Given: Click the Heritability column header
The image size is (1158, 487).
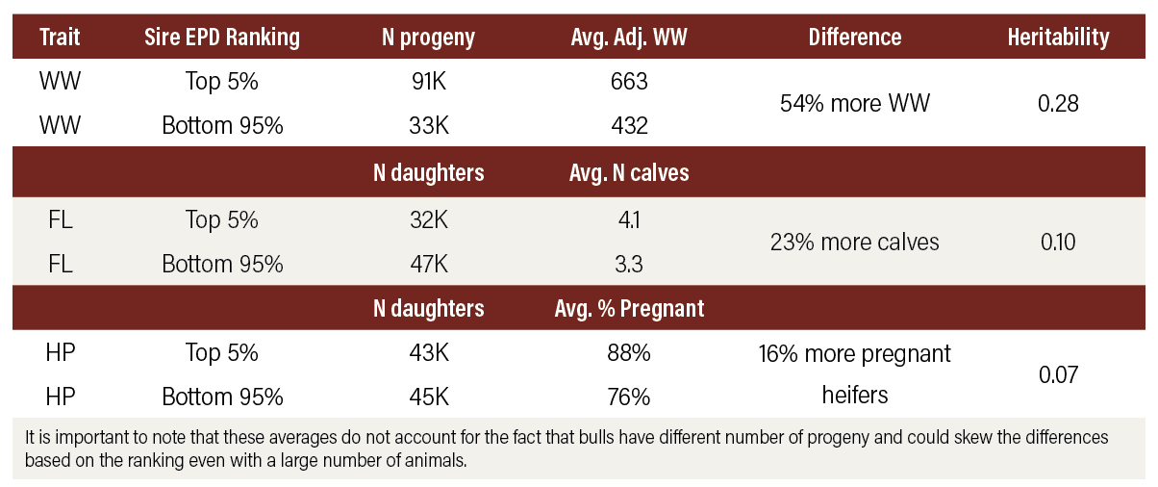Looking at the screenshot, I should pos(1058,38).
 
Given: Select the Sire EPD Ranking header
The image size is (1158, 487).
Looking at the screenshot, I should pos(222,38).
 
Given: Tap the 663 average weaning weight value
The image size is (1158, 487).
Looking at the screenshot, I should pos(629,82).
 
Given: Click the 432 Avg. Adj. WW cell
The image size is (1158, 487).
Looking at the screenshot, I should pos(629,126).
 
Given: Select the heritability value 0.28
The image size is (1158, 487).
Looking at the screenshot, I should pos(1059,103).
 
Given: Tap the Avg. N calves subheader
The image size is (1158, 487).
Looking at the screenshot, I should pos(629,173).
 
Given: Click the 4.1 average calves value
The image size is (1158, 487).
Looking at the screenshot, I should pos(629,219).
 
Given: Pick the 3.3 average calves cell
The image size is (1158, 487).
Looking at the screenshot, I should pos(629,264).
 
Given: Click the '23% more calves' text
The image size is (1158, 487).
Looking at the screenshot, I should pos(854,242).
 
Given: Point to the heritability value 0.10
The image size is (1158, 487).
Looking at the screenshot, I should pos(1059,242).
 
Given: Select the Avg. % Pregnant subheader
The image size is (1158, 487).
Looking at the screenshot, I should pos(629,309).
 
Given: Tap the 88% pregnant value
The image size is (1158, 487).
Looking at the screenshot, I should pos(629,353).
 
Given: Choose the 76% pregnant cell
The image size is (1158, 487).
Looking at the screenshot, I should pos(629,397).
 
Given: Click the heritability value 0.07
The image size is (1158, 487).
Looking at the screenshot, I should pos(1059,374).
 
